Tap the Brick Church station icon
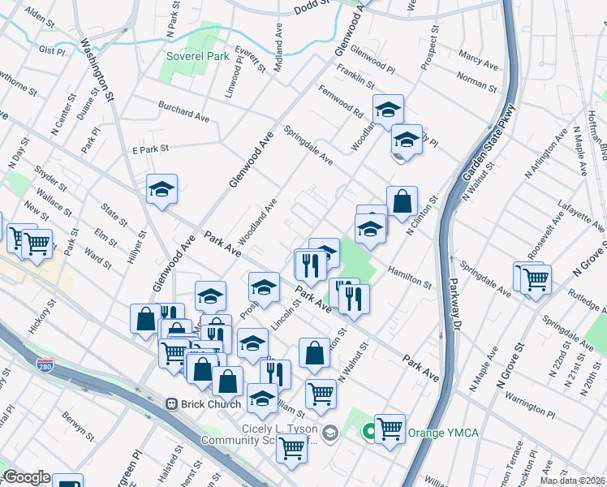tap(171, 403)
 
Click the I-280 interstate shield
tap(45, 368)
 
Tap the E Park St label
tap(149, 149)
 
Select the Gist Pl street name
tap(51, 50)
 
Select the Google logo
tap(27, 477)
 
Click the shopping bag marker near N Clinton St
tap(402, 202)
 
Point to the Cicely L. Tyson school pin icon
tap(329, 432)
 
